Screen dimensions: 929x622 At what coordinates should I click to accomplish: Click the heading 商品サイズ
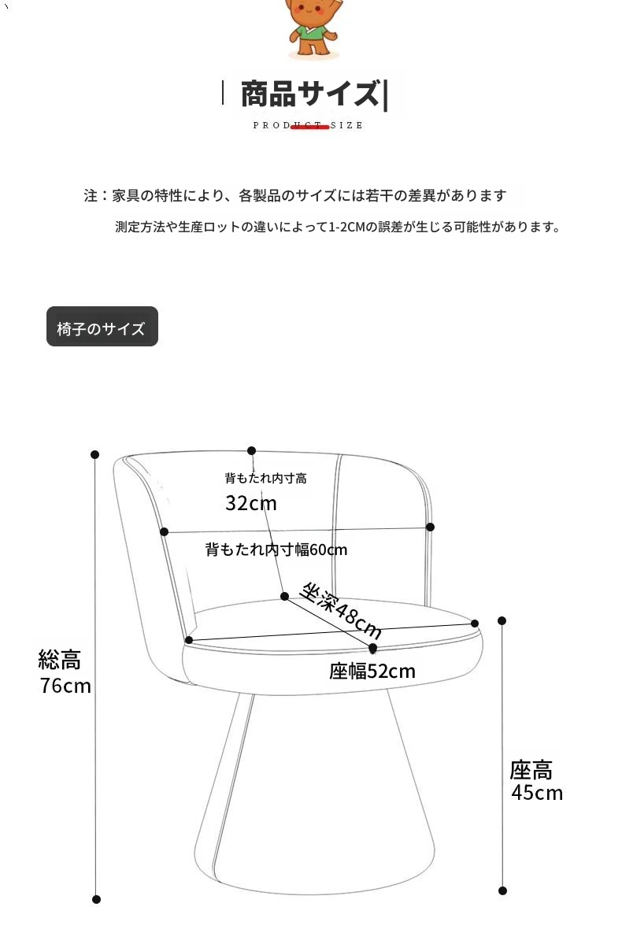pos(309,94)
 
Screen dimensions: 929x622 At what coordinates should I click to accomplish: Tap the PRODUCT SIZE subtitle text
pos(308,125)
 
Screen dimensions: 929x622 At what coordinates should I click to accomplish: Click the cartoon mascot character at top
pos(313,28)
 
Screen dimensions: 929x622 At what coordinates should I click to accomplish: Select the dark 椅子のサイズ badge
pos(102,327)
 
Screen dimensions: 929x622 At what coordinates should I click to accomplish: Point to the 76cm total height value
pos(65,686)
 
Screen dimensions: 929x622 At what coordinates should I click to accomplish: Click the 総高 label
pos(60,659)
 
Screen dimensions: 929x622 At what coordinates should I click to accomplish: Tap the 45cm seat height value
pos(537,792)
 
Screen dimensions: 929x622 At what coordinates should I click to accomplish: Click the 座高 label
pos(531,769)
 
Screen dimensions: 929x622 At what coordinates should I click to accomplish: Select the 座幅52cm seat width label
pos(372,672)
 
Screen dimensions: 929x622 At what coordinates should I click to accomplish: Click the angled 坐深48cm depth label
pos(341,611)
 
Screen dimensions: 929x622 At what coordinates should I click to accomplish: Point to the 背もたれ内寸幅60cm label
pos(276,550)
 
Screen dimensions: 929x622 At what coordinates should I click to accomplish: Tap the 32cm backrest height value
pos(250,503)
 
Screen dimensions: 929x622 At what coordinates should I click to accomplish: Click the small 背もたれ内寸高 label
pos(265,478)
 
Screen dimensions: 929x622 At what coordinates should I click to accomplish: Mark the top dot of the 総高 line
pos(95,454)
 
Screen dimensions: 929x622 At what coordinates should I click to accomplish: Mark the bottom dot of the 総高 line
pos(97,899)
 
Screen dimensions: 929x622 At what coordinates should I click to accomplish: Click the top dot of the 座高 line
pos(502,620)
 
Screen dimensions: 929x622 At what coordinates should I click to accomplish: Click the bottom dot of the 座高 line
pos(503,890)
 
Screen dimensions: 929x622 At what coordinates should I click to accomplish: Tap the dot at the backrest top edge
pos(252,451)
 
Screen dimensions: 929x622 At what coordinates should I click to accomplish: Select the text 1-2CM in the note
pos(347,228)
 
